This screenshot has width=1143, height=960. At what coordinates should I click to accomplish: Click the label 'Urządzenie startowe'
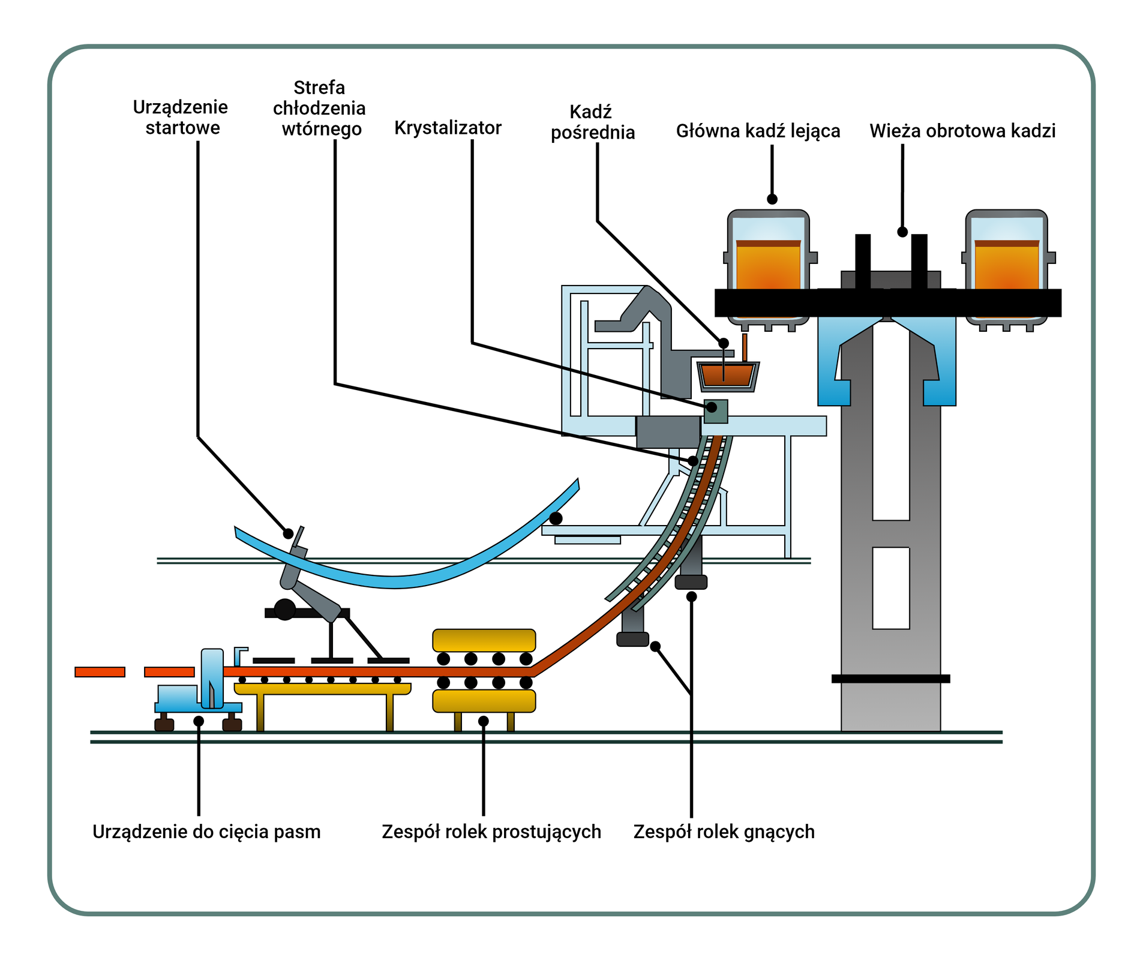tap(181, 118)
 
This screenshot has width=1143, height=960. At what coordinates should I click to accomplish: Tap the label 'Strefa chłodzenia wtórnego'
tap(319, 109)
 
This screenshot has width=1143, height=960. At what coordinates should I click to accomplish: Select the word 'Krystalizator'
tap(448, 128)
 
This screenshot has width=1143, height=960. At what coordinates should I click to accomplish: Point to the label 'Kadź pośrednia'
tap(592, 122)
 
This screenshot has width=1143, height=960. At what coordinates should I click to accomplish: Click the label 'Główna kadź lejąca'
tap(758, 131)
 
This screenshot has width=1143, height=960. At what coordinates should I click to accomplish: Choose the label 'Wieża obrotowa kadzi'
tap(962, 131)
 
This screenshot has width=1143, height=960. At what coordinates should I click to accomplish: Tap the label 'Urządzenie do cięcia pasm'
tap(206, 832)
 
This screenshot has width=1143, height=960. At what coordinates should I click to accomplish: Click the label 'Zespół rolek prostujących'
tap(491, 832)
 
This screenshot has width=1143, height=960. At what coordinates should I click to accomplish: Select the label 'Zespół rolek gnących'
tap(724, 832)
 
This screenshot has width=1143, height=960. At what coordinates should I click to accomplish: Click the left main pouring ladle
tap(768, 264)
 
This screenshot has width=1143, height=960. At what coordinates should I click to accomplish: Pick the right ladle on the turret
tap(1006, 264)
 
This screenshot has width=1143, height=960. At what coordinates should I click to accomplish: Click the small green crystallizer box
tap(716, 411)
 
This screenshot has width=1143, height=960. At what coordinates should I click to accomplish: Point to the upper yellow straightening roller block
tap(484, 640)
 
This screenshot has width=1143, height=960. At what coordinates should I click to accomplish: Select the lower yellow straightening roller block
tap(484, 701)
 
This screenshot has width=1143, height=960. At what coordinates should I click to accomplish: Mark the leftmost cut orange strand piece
tap(100, 672)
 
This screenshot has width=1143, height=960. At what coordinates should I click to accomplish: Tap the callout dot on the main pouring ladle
tap(772, 199)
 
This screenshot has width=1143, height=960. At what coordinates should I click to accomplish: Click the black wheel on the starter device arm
tap(285, 609)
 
